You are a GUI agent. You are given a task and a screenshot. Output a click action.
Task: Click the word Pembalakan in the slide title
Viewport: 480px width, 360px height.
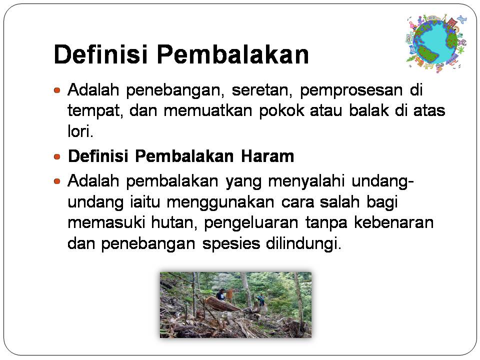pyautogui.click(x=233, y=54)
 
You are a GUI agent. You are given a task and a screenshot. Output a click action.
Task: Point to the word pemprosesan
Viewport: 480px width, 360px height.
pyautogui.click(x=351, y=91)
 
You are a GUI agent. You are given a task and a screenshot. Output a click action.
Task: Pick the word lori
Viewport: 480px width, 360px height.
pyautogui.click(x=80, y=131)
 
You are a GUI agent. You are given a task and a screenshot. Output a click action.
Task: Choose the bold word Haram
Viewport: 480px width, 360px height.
pyautogui.click(x=267, y=156)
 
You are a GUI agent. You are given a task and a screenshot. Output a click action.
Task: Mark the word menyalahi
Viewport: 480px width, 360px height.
pyautogui.click(x=306, y=181)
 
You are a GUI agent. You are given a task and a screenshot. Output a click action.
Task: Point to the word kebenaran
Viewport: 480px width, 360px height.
pyautogui.click(x=394, y=222)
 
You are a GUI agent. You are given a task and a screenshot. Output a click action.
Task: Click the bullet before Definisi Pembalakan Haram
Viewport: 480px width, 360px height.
pyautogui.click(x=57, y=156)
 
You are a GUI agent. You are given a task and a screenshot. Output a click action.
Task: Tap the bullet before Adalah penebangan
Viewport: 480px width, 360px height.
pyautogui.click(x=57, y=90)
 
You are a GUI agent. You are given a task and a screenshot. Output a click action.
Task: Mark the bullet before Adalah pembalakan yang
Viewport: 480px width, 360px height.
pyautogui.click(x=57, y=181)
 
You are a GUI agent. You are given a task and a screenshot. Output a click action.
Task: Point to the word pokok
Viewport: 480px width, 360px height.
pyautogui.click(x=281, y=111)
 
